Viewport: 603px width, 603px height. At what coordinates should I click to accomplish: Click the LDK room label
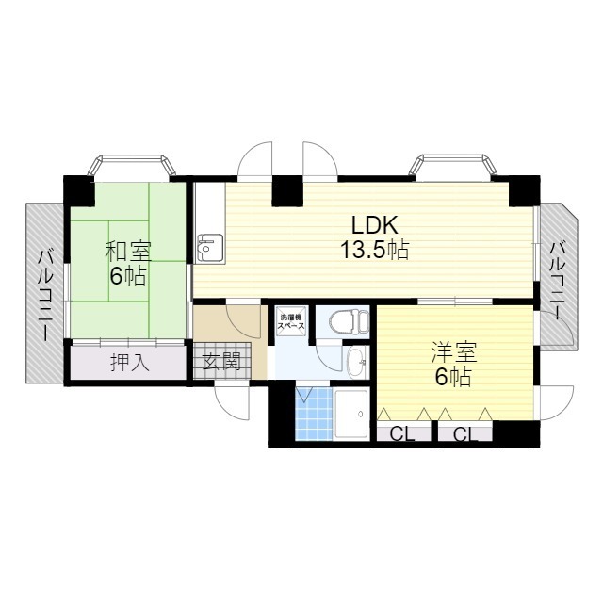(375, 225)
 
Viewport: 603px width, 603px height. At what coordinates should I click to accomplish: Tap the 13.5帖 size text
(374, 250)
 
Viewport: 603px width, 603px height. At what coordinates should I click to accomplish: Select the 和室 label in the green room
(129, 252)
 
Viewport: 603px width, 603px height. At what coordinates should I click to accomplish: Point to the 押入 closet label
(130, 362)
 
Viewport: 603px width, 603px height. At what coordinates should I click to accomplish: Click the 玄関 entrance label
(221, 361)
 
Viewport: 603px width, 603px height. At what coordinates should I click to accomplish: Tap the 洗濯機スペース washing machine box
(291, 321)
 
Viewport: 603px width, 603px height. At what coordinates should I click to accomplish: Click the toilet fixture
(349, 321)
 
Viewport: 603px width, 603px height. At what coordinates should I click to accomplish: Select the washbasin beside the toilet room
(356, 362)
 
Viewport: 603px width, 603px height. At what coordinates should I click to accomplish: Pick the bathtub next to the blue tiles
(350, 414)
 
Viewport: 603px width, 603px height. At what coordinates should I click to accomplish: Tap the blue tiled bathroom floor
(314, 414)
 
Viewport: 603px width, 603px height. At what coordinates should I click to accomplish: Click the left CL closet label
(402, 434)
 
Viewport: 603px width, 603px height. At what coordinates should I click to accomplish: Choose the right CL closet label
(465, 434)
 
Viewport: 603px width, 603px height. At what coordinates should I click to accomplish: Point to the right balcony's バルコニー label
(558, 280)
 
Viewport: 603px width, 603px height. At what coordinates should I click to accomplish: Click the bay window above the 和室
(132, 167)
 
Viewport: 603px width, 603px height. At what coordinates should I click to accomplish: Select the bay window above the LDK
(452, 167)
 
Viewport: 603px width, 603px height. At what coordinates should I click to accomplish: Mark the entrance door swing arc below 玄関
(233, 403)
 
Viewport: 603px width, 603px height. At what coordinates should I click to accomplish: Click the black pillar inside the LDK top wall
(287, 190)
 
